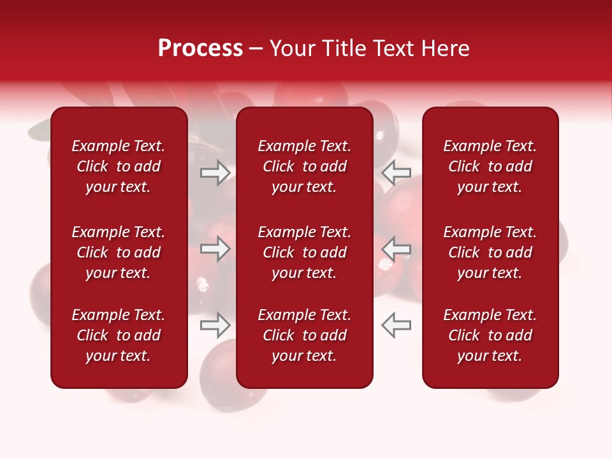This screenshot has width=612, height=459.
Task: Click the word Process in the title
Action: pos(200,48)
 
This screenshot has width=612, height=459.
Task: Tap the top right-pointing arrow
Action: pos(215,173)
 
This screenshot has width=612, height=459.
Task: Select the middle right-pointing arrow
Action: pos(215,249)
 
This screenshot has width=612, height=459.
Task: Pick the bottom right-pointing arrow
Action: pos(215,325)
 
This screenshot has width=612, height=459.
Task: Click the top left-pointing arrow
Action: pos(396,173)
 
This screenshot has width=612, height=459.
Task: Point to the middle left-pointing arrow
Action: pos(396,249)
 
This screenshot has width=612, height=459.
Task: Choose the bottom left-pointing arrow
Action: pos(396,325)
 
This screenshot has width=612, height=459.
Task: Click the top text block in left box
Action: pos(119,166)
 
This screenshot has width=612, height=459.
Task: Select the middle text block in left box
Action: pos(119,252)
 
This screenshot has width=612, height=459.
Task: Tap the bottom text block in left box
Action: pos(119,335)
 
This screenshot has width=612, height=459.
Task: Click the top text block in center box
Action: pos(304,166)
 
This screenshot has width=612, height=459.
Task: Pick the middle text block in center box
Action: pos(304,252)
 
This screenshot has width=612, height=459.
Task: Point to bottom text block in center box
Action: pos(304,335)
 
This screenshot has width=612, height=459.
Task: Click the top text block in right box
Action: pos(490,166)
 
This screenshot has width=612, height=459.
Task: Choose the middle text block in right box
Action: pos(490,252)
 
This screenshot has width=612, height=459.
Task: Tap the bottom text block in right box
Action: pos(490,335)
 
